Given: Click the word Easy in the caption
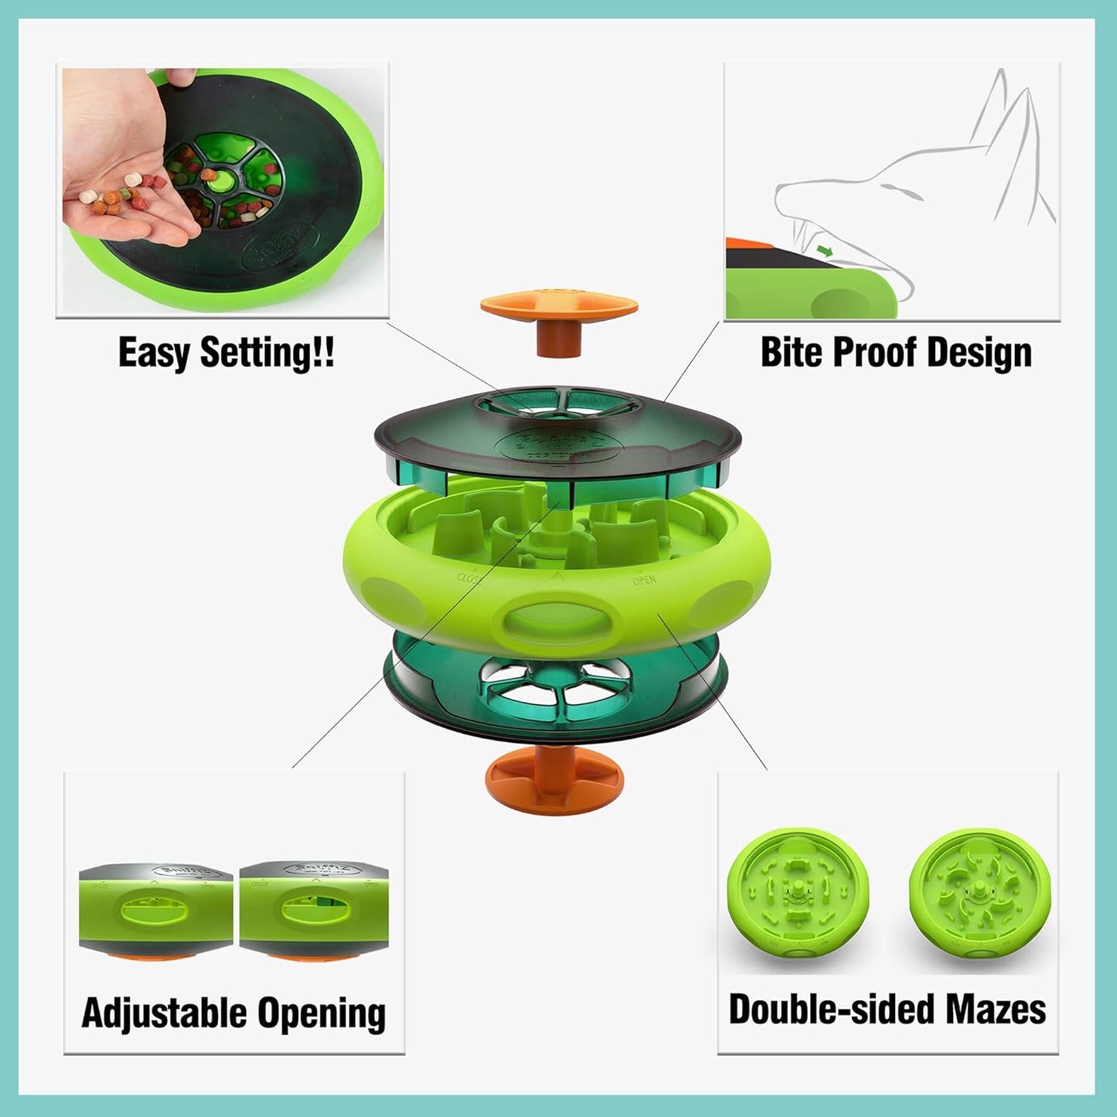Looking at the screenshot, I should click(x=154, y=352).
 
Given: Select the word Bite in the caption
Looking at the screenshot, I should click(x=790, y=352).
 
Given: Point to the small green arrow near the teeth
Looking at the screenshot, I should click(x=826, y=250).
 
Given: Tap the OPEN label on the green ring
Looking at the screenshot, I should click(x=644, y=580).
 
